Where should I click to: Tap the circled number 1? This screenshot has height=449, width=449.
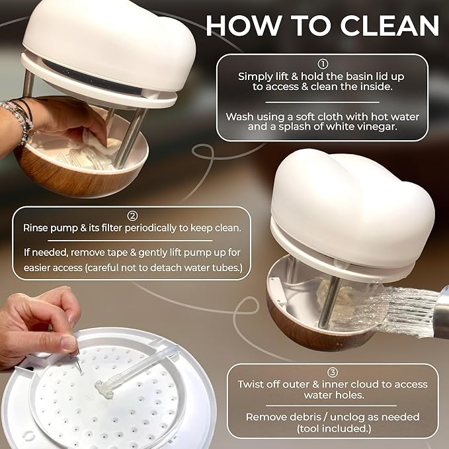[x=323, y=65]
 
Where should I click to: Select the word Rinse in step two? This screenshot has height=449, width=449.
[x=37, y=228]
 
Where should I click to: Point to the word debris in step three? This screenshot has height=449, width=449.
[x=307, y=417]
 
